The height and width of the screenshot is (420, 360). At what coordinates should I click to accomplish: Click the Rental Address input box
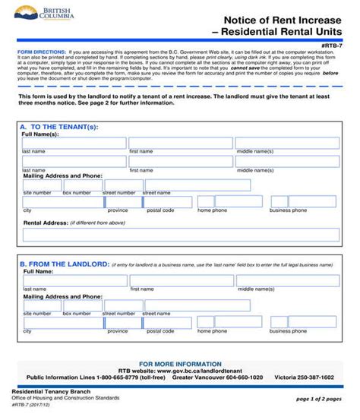pyautogui.click(x=181, y=234)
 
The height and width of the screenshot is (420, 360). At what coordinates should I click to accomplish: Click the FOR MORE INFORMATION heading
pyautogui.click(x=179, y=363)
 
